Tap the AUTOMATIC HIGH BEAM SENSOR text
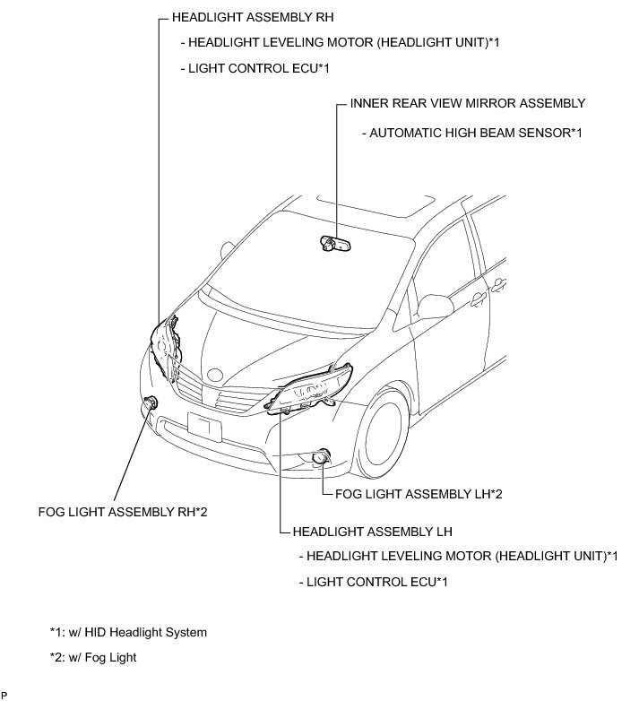[x=471, y=133]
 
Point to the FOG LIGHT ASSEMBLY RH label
[x=124, y=513]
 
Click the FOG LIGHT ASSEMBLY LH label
[x=410, y=493]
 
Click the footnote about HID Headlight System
[x=128, y=632]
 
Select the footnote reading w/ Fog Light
[x=94, y=655]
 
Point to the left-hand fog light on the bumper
[x=320, y=459]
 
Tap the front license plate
[x=204, y=425]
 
